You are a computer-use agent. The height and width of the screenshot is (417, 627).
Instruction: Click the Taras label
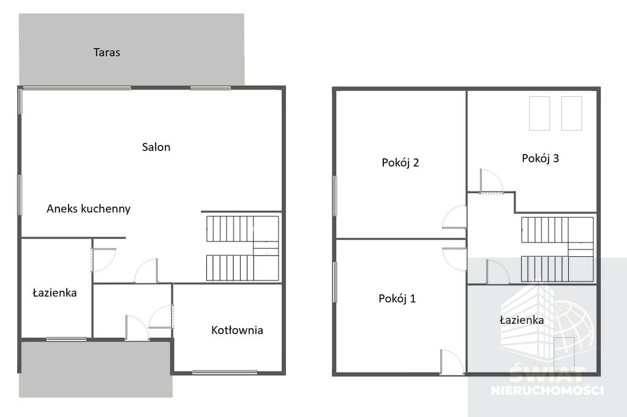[x=107, y=53]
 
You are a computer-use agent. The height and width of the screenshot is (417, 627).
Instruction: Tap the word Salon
[x=156, y=147]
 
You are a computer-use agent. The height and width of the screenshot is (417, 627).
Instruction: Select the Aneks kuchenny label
[x=88, y=208]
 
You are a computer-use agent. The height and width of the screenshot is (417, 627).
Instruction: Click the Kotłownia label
[x=237, y=330]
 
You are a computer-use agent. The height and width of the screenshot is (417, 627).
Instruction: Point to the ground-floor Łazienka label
[x=54, y=293]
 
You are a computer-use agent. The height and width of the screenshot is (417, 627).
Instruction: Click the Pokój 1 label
[x=397, y=299]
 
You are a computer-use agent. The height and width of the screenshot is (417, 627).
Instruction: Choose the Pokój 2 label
[x=400, y=163]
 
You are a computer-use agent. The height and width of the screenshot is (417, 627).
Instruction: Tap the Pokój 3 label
[x=540, y=158]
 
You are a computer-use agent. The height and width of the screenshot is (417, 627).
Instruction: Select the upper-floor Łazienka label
[x=522, y=319]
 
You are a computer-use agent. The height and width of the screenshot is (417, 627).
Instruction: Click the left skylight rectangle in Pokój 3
[x=539, y=113]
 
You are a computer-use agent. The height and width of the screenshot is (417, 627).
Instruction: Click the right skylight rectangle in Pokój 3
[x=571, y=113]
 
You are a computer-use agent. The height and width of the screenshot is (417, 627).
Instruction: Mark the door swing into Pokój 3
[x=492, y=182]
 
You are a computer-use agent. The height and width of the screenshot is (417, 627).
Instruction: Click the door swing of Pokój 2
[x=455, y=217]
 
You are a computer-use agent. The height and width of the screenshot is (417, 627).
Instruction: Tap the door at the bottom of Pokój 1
[x=452, y=362]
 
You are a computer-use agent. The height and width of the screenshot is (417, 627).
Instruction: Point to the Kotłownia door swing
[x=161, y=317]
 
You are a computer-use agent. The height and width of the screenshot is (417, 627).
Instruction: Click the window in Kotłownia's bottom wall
[x=224, y=372]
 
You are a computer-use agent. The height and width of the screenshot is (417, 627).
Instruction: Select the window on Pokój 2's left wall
[x=335, y=196]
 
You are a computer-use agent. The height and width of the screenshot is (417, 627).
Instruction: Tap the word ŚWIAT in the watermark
[x=547, y=375]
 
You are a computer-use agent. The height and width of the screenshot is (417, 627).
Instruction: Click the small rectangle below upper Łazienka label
[x=564, y=348]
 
